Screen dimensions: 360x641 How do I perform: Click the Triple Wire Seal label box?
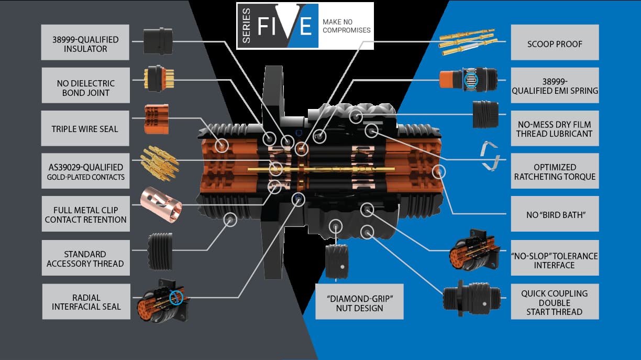click(x=85, y=128)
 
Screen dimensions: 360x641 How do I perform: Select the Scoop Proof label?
click(x=555, y=44)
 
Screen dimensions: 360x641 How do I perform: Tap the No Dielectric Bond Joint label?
click(x=85, y=88)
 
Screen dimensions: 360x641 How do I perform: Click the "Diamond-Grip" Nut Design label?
click(x=359, y=303)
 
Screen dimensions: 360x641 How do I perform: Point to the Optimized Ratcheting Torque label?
click(x=555, y=172)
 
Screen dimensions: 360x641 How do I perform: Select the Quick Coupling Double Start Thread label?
click(x=555, y=302)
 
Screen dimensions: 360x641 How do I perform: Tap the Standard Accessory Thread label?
click(x=85, y=258)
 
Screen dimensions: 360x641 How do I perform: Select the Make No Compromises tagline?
click(x=346, y=26)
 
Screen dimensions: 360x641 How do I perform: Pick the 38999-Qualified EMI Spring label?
click(x=555, y=85)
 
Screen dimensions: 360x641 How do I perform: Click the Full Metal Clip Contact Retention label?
click(x=85, y=215)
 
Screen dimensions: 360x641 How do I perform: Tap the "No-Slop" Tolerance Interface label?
click(x=555, y=260)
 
